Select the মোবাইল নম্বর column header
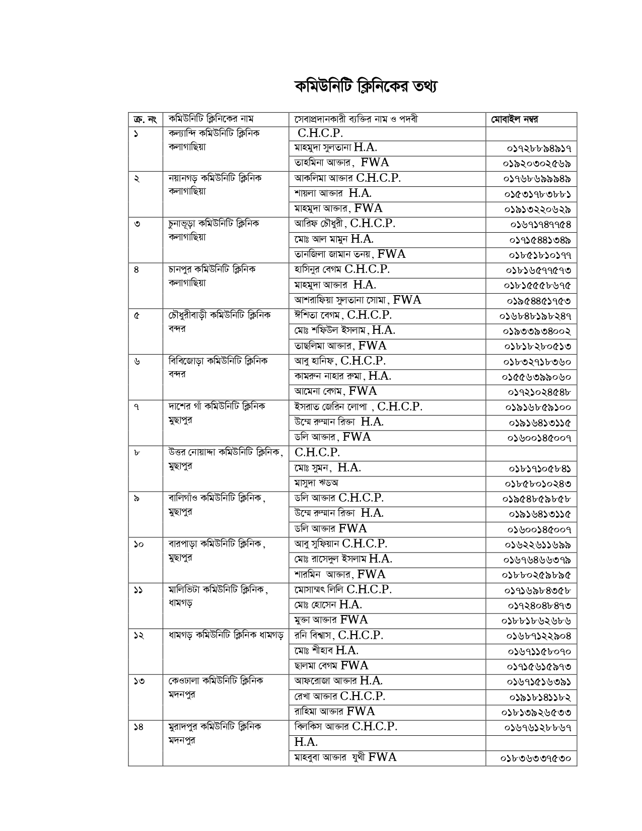point(514,120)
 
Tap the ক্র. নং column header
point(145,120)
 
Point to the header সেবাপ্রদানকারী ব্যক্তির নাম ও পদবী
point(356,119)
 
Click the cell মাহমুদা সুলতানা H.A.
point(335,148)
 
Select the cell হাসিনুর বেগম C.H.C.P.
point(342,269)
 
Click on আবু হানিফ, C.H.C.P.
point(340,361)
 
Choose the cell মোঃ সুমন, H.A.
point(327,468)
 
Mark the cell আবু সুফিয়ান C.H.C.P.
point(340,544)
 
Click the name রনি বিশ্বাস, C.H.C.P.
point(338,636)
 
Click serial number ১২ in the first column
point(139,636)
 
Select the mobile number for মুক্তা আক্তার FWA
point(536,621)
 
